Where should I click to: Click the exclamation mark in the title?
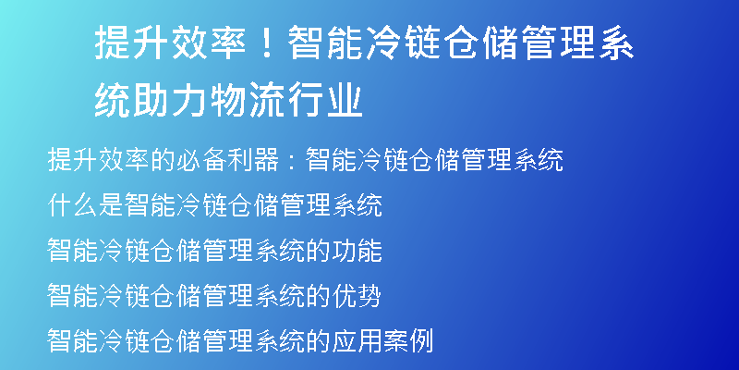[x=268, y=43]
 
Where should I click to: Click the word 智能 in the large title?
[x=326, y=43]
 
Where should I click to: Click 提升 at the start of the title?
[x=132, y=43]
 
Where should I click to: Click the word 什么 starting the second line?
[x=73, y=204]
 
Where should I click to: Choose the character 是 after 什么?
[x=111, y=204]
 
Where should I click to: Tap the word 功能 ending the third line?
[x=357, y=250]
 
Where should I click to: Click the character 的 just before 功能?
[x=318, y=250]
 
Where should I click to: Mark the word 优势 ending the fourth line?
[x=357, y=295]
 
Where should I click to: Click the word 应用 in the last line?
[x=357, y=340]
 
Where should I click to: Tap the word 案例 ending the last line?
[x=408, y=340]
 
